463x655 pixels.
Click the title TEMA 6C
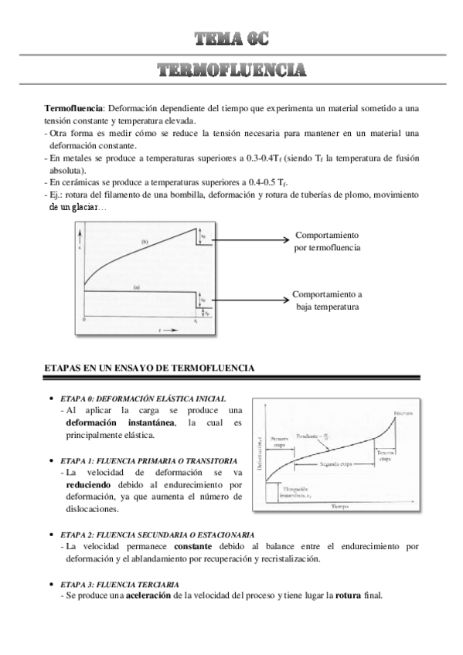pos(231,38)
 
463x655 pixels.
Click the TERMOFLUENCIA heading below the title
pos(231,71)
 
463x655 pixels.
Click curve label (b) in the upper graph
pos(144,242)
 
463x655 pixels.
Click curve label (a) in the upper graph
pos(137,287)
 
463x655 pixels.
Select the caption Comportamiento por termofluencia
pos(327,241)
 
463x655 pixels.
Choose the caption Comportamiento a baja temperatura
pos(327,300)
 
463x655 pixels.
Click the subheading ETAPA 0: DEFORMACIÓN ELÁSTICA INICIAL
pos(143,399)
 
